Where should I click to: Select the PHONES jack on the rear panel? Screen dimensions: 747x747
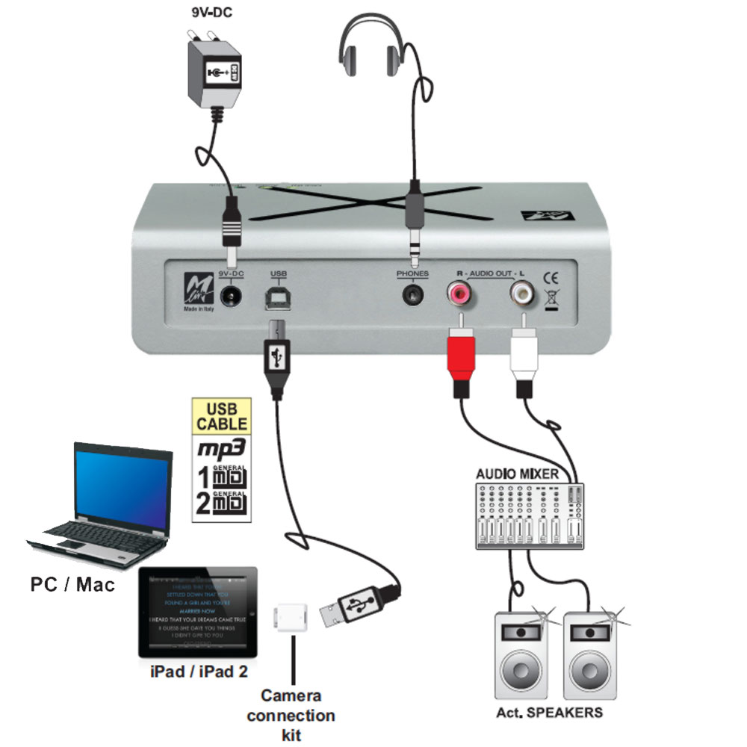[x=412, y=294]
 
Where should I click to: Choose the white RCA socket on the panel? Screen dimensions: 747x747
[x=521, y=294]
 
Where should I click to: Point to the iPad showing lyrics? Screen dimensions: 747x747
[x=199, y=612]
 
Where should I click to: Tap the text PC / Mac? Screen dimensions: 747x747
[x=73, y=583]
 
